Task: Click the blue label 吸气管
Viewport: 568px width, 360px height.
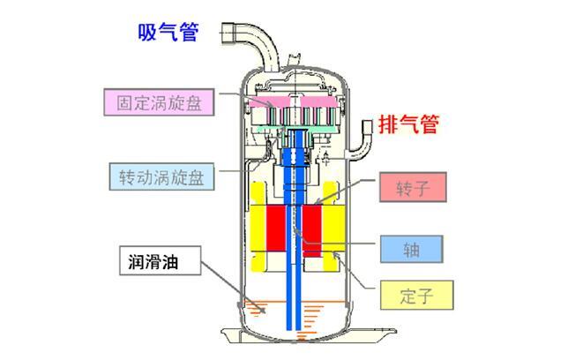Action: pos(168,33)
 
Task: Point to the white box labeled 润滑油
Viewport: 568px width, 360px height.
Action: pos(160,261)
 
